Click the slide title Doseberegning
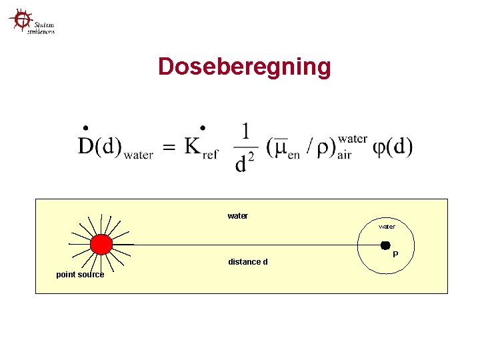[x=244, y=67]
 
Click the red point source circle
[x=101, y=245]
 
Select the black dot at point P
[x=385, y=245]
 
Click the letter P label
[x=395, y=255]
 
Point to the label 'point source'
[x=80, y=275]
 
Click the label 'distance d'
[x=247, y=262]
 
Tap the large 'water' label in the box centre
[x=237, y=216]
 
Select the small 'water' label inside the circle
[x=387, y=227]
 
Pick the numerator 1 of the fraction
[x=245, y=131]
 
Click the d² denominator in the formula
[x=245, y=163]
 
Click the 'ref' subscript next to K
[x=210, y=155]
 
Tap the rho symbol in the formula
[x=327, y=148]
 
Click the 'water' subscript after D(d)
[x=139, y=155]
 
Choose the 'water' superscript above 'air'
[x=352, y=139]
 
